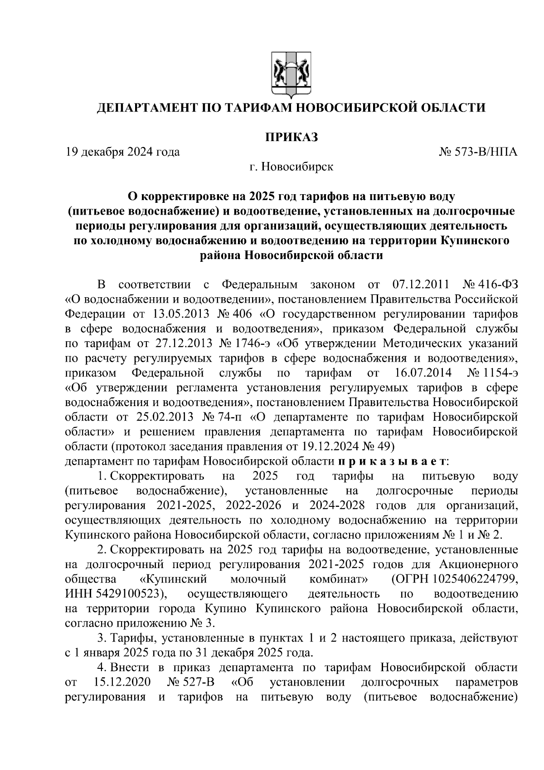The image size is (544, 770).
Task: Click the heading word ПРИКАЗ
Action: (x=291, y=137)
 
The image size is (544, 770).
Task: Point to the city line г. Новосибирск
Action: (x=291, y=167)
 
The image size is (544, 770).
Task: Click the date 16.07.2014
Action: (x=420, y=373)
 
